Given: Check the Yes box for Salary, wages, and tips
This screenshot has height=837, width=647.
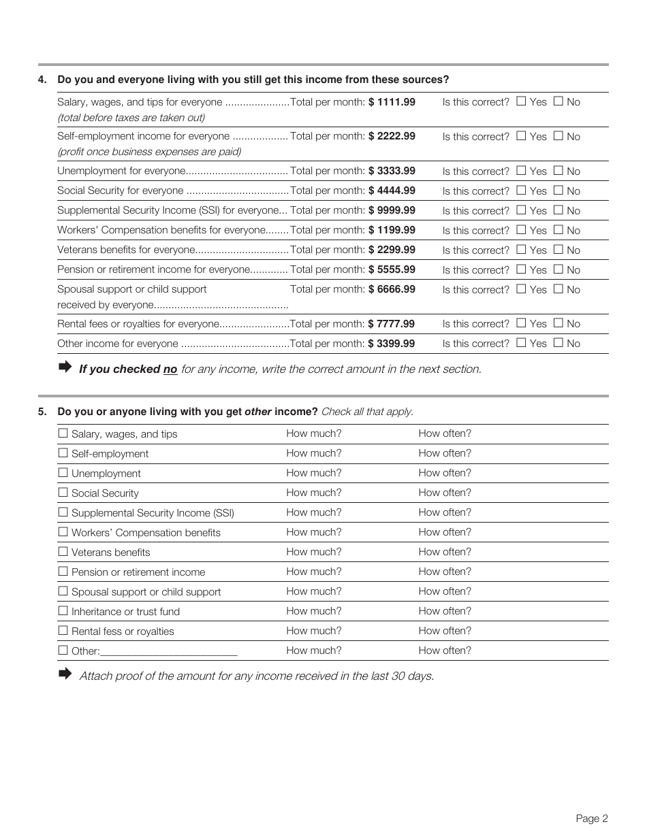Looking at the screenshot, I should [x=521, y=101].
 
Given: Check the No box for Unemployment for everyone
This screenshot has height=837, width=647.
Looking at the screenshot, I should [x=558, y=171].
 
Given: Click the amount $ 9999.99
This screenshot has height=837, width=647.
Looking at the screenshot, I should [x=391, y=210].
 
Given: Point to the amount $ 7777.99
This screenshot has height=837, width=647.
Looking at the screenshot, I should [x=391, y=324].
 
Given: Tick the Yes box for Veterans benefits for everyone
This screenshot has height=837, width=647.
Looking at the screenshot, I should [x=521, y=250].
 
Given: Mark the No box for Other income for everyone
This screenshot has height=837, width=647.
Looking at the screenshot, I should [x=558, y=343].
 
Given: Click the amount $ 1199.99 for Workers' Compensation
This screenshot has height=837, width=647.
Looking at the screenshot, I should [x=391, y=230].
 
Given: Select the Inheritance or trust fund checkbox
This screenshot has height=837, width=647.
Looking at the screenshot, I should [x=63, y=611].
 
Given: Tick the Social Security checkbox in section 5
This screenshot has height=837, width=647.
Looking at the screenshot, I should [x=63, y=493].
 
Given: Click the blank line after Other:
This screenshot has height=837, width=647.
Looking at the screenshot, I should [x=168, y=651].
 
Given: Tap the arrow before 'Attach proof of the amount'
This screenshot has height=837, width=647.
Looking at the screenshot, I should [x=65, y=674].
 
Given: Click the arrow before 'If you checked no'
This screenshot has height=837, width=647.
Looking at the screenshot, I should [x=65, y=367].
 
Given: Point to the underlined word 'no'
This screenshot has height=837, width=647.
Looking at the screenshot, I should [x=170, y=370].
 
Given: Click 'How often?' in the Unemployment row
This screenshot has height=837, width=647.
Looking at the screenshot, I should [x=445, y=473].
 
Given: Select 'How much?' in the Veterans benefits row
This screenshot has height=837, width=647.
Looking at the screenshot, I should [x=314, y=552].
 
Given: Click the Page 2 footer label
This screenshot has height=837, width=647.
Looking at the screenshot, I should [x=591, y=819].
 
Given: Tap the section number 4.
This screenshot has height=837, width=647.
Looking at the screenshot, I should [x=42, y=80].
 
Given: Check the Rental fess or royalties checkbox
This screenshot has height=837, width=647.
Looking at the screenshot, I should [x=63, y=631].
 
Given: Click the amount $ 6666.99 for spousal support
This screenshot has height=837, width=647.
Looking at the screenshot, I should [x=391, y=289].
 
